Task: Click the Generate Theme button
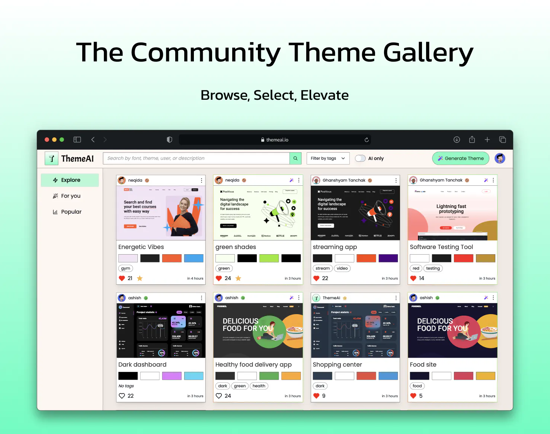pos(461,158)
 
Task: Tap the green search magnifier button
pos(295,158)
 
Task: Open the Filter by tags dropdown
pos(328,158)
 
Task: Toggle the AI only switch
pos(360,158)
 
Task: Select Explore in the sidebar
pos(70,180)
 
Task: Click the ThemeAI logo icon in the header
pos(52,159)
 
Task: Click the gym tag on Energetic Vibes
pos(126,268)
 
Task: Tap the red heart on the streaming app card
pos(316,278)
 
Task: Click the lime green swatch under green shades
pos(269,258)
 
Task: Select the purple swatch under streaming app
pos(388,258)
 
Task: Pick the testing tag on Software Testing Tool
pos(433,268)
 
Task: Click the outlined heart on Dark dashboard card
pos(122,396)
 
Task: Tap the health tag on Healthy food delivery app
pos(259,386)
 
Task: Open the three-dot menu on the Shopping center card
pos(396,298)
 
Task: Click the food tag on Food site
pos(417,386)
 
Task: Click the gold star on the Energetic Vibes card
pos(140,278)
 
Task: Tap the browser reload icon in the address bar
pos(367,140)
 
